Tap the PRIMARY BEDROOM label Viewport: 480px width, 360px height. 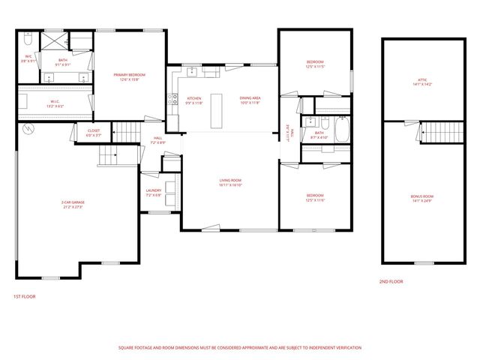click(x=129, y=75)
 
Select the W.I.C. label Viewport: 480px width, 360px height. click(x=55, y=101)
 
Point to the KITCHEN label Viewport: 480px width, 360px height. click(x=194, y=99)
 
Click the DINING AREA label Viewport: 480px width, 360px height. click(x=250, y=99)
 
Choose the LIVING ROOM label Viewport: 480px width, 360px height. click(x=229, y=180)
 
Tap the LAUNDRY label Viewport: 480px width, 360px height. click(x=154, y=191)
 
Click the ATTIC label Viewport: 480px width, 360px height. click(x=423, y=81)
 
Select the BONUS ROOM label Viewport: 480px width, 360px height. click(x=423, y=196)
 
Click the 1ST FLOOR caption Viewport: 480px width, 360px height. click(x=25, y=296)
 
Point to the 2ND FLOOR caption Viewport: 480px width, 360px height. click(x=391, y=281)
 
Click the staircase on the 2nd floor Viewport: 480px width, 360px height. click(x=435, y=133)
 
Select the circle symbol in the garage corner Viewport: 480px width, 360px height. click(x=28, y=130)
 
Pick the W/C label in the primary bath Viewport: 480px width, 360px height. click(x=28, y=56)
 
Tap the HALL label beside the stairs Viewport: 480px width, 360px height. click(x=158, y=138)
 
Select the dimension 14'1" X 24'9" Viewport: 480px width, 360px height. click(x=423, y=201)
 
